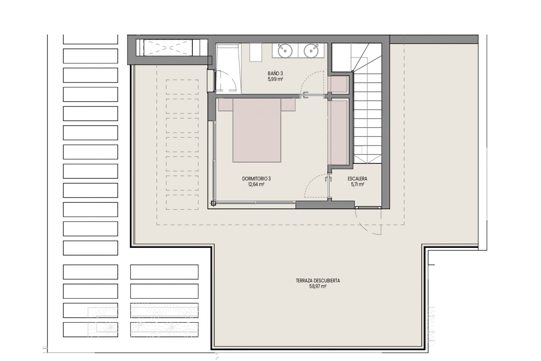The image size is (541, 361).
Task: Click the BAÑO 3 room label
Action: pos(275,74)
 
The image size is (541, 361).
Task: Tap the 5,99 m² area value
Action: pos(275,79)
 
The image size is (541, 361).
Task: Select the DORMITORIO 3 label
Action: pos(256,179)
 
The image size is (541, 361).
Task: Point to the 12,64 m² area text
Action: pos(256,184)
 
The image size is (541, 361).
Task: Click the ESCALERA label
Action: pos(357,179)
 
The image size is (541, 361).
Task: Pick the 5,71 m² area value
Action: pos(357,184)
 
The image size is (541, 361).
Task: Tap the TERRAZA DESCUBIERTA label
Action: pos(318,281)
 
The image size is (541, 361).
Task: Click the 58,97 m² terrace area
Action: pos(318,287)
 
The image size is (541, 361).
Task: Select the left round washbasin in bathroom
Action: pos(285,51)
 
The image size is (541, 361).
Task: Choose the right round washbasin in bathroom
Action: pos(311,51)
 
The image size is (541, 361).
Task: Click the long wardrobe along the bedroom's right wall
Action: pos(339,133)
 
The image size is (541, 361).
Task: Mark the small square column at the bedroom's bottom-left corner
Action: pos(213,202)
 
